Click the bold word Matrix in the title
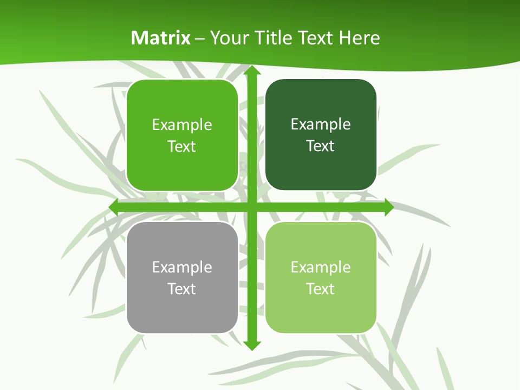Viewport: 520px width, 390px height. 161,38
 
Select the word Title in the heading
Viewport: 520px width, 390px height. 274,38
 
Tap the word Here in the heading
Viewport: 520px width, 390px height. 360,38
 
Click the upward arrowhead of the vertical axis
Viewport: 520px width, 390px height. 251,70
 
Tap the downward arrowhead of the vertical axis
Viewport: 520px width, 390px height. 251,345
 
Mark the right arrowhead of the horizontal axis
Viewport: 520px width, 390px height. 388,207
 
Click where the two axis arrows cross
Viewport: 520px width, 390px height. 251,207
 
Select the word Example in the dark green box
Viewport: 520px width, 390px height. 321,124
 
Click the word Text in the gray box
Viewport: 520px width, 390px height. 181,289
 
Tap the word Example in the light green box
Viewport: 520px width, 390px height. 321,267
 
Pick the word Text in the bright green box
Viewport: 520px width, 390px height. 181,146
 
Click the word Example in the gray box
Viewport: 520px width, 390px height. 182,267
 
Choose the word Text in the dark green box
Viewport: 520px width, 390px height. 320,146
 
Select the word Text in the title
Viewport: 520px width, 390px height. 316,38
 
